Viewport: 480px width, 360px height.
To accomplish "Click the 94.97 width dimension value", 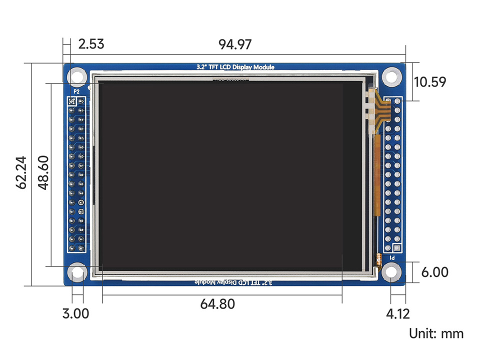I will [x=234, y=44].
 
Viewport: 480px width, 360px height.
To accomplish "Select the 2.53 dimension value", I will [x=91, y=44].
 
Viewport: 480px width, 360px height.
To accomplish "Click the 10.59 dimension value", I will [x=429, y=82].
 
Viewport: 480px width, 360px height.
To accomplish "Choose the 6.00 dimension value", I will [x=434, y=272].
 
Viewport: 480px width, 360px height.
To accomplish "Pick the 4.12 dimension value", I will [x=398, y=314].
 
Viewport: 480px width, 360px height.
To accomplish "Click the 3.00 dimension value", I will [x=75, y=314].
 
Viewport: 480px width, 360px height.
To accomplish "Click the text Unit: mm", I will [x=436, y=333].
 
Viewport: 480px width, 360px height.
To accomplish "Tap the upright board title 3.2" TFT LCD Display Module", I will [x=235, y=67].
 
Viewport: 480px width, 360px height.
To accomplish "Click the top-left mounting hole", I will [x=77, y=76].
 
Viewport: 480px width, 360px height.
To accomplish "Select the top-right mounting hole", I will [x=392, y=76].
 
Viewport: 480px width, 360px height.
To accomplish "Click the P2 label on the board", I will [x=76, y=92].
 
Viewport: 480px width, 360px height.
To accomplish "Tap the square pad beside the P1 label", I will [x=397, y=248].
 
